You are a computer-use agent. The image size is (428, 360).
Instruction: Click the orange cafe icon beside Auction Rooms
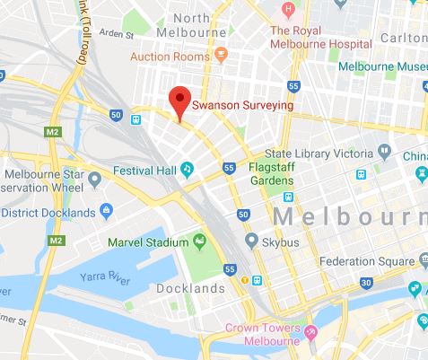click(x=219, y=56)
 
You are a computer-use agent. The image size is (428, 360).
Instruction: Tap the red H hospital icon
click(x=289, y=10)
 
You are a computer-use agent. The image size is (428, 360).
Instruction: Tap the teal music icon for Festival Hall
click(x=188, y=167)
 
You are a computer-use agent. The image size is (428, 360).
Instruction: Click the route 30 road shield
click(x=366, y=283)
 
